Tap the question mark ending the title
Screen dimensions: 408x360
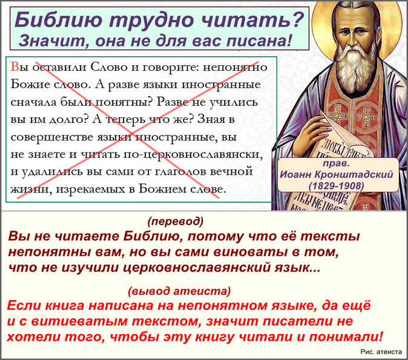tap(297, 20)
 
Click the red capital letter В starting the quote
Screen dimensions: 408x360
tap(15, 67)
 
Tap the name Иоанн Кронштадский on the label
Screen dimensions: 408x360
tap(337, 174)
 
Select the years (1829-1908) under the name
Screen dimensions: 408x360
tap(336, 186)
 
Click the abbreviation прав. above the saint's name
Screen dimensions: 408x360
tap(336, 163)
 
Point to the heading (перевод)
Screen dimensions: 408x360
tap(176, 221)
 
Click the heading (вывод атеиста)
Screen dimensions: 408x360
tap(179, 291)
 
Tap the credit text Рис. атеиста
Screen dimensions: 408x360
tap(381, 352)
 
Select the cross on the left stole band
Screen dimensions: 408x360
tap(338, 114)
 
